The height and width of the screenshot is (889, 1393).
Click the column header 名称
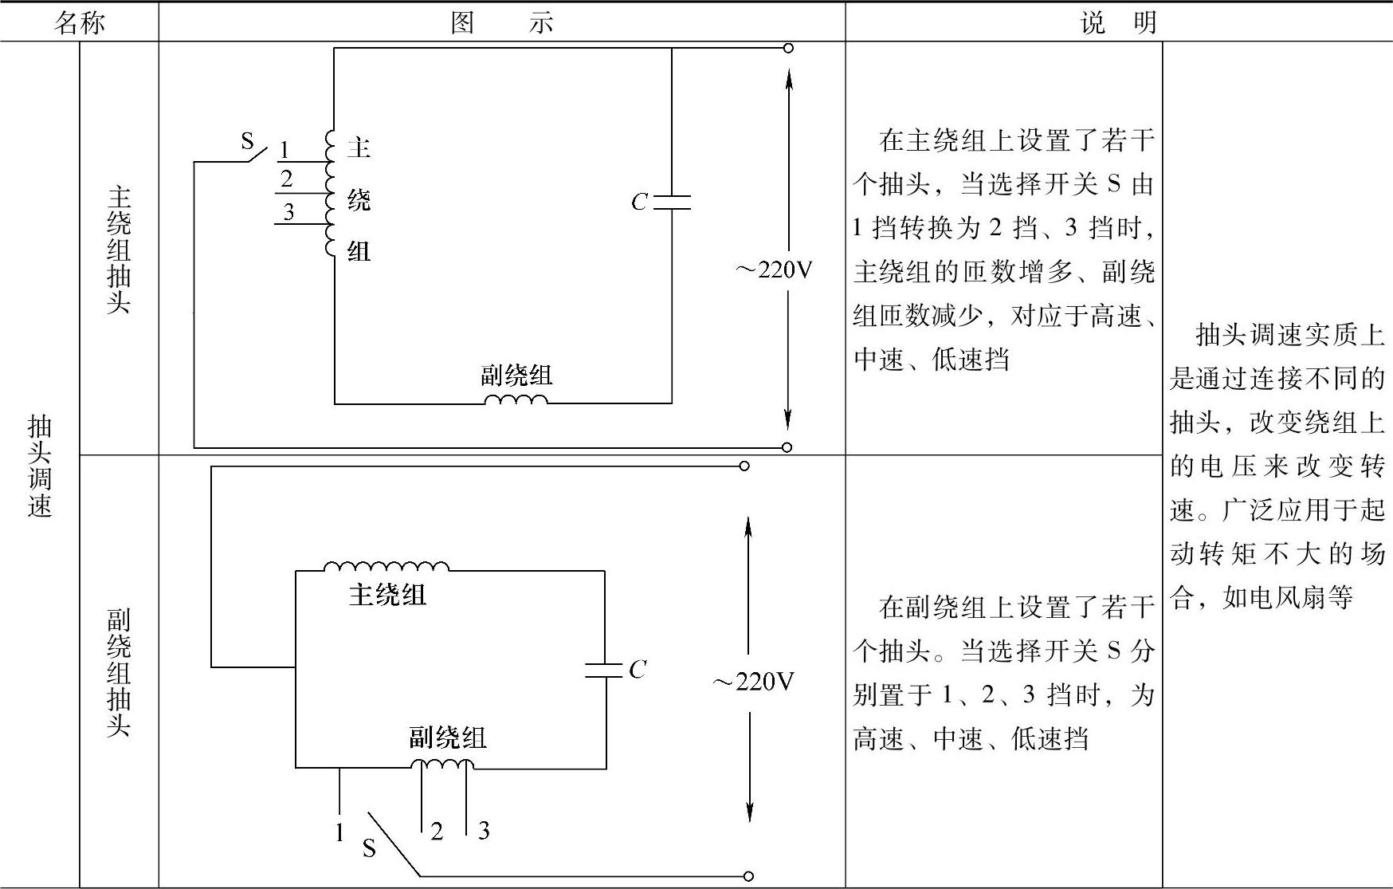[79, 22]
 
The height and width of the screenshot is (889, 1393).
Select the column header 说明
[1118, 22]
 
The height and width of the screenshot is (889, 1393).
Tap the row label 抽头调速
[40, 466]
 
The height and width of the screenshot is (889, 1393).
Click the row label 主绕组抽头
[119, 250]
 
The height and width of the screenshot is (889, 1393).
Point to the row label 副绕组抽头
[119, 672]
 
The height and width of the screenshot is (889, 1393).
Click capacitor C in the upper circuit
[671, 202]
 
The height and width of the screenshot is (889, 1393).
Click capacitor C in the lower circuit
[604, 670]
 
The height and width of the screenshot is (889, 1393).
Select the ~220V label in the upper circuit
[773, 270]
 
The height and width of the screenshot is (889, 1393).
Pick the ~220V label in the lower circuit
[753, 682]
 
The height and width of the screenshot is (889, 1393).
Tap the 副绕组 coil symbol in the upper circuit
[516, 399]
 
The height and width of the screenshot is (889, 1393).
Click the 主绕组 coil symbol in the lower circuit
[387, 567]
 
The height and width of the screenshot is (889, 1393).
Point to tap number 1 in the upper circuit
[284, 150]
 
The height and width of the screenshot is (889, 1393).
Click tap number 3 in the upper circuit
[288, 212]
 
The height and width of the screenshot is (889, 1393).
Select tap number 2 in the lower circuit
[437, 832]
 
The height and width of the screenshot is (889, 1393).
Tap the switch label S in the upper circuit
[247, 142]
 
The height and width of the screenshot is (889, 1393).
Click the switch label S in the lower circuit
[369, 848]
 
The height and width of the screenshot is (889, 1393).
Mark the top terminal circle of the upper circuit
[788, 48]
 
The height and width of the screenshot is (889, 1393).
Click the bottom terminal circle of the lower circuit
[748, 876]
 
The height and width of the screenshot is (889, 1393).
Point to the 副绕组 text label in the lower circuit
[448, 738]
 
